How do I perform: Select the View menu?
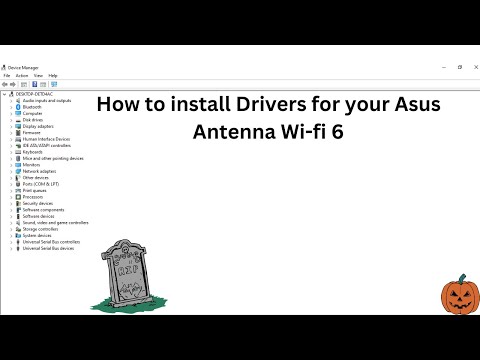pos(38,75)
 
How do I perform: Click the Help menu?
pos(53,75)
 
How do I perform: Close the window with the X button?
pos(472,67)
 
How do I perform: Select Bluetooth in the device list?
pos(32,107)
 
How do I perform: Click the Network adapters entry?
pos(40,171)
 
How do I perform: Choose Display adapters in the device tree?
pos(39,126)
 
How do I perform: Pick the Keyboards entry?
pos(34,152)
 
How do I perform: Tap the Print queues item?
pos(36,190)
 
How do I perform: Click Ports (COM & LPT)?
pos(41,184)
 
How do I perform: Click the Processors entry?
pos(34,197)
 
